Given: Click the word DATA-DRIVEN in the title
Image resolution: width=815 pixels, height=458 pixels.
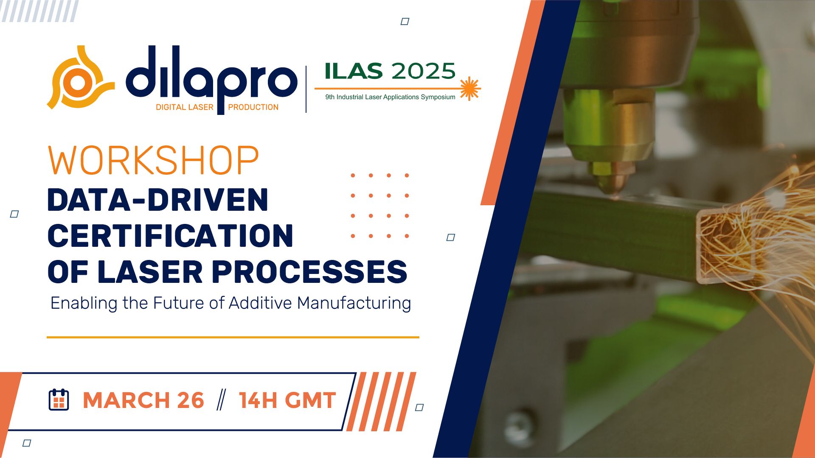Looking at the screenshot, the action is tap(158, 200).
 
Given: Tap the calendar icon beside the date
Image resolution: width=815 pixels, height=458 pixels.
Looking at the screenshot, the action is tap(59, 399).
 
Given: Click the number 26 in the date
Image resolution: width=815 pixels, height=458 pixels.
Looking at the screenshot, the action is tap(191, 400).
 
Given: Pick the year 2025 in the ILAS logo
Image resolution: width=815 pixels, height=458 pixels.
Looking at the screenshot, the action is tap(423, 71).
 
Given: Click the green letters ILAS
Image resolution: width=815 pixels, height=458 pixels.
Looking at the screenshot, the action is tap(354, 71).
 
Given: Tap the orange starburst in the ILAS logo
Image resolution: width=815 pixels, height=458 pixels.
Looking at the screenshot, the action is tap(469, 89).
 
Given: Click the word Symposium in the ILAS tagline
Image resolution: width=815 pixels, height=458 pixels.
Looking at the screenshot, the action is tap(438, 97).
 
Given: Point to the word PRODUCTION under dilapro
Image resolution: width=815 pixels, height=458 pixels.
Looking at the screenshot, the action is tap(253, 107).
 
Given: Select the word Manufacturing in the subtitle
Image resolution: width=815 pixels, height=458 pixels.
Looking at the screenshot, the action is tap(354, 303).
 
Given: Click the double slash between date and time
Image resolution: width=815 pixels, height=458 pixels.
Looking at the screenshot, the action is tap(221, 400).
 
